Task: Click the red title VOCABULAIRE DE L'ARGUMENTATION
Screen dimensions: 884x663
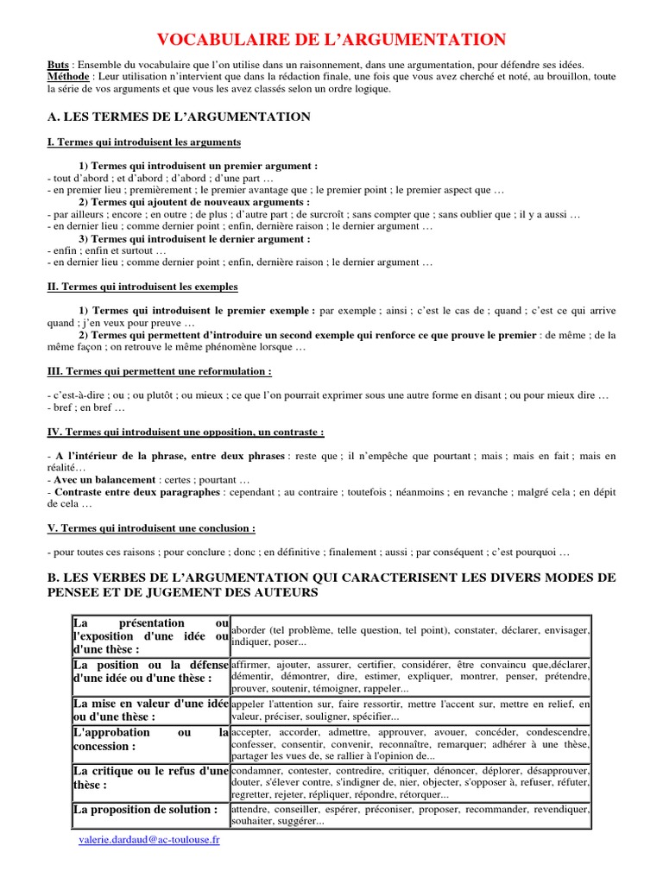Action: [x=331, y=39]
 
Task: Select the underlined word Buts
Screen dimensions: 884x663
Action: [x=58, y=65]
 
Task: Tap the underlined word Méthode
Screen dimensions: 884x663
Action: [x=68, y=77]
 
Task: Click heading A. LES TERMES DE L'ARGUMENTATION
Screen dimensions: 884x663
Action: [x=179, y=116]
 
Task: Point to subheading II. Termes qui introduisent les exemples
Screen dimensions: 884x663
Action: [x=142, y=286]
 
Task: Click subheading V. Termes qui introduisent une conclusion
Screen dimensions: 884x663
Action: [x=151, y=527]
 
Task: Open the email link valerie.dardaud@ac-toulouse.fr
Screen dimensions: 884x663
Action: [x=148, y=839]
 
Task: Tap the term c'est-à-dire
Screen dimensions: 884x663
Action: [x=75, y=395]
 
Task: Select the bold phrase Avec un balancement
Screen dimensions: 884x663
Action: [x=106, y=479]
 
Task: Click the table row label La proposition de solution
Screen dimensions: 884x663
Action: [x=145, y=810]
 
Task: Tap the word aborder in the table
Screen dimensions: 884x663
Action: [x=250, y=630]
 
